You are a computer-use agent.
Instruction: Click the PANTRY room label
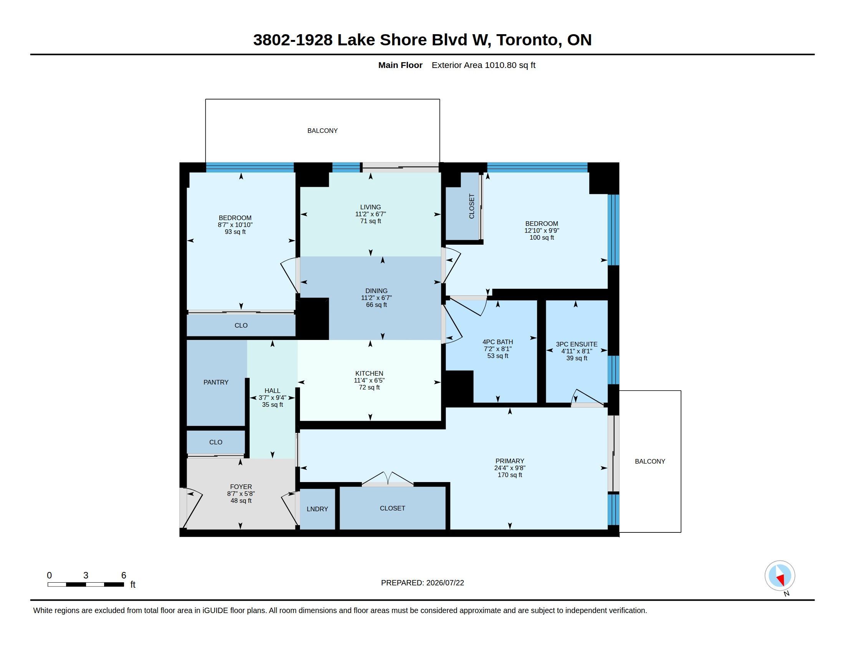click(x=216, y=382)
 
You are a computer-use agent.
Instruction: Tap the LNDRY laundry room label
click(x=317, y=509)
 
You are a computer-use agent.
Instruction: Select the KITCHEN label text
click(x=369, y=373)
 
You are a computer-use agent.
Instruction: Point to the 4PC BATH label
click(x=497, y=342)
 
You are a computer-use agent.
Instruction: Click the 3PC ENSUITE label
click(x=577, y=344)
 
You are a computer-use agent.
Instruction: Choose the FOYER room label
click(x=241, y=487)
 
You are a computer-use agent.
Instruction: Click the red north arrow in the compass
click(x=781, y=580)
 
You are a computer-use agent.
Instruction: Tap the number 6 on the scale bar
click(x=124, y=575)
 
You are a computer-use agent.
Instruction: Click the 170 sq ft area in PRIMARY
click(x=510, y=475)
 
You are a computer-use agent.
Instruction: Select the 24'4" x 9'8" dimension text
click(x=510, y=468)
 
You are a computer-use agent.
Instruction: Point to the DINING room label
click(x=376, y=291)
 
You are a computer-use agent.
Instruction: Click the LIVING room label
click(x=370, y=207)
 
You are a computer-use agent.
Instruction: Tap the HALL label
click(x=272, y=391)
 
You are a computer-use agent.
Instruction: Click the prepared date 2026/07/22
click(x=445, y=583)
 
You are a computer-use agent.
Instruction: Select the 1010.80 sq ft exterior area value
click(x=510, y=65)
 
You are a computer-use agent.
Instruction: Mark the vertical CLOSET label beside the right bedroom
click(x=472, y=206)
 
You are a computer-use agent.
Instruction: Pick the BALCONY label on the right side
click(x=650, y=461)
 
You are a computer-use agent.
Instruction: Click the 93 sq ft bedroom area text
click(x=235, y=232)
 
